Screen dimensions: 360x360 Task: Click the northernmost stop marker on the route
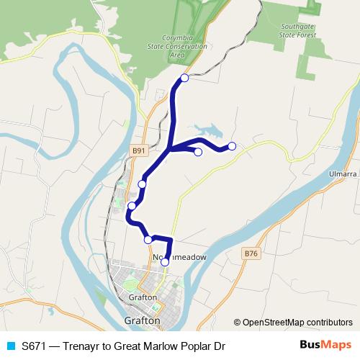pos(184,78)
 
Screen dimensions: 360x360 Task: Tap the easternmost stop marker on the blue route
pos(232,147)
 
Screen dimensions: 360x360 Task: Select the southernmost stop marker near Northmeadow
pos(165,262)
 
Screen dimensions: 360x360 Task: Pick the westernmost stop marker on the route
pos(132,207)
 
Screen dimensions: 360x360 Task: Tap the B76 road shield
pos(250,253)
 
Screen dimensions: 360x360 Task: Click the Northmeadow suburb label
pos(180,256)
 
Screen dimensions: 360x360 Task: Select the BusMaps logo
pos(325,346)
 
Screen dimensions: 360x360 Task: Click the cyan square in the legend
pos(10,346)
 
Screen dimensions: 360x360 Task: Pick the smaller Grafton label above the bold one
pos(143,297)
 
